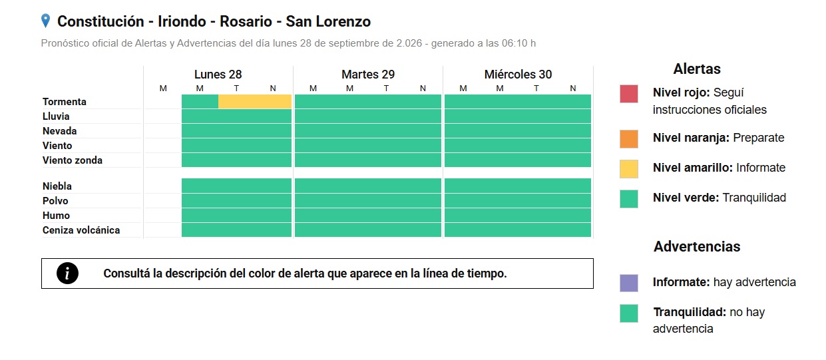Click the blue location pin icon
[45, 21]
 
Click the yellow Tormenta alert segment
[255, 102]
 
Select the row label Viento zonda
[73, 160]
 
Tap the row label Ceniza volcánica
[81, 230]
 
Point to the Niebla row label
[57, 186]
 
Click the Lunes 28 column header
[218, 75]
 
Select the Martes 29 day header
[368, 75]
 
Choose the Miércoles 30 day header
[518, 75]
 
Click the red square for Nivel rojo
[629, 94]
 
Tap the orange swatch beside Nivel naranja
[629, 139]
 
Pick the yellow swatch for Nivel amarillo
[629, 169]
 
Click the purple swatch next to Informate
[629, 283]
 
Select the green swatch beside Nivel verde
[629, 199]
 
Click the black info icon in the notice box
[67, 273]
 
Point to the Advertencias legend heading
[697, 246]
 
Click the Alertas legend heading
[697, 69]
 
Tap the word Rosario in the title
[246, 21]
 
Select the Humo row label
[56, 216]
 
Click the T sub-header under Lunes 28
[236, 89]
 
